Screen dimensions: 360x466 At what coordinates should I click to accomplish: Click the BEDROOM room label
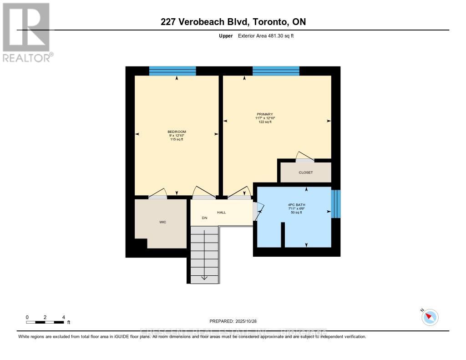click(177, 132)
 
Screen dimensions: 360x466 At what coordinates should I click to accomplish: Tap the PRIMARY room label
click(265, 114)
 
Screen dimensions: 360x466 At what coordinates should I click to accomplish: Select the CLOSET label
click(305, 172)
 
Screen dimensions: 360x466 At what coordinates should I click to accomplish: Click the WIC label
click(162, 222)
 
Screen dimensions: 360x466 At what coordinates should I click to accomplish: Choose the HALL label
click(221, 212)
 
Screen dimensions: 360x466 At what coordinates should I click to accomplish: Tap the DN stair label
click(205, 218)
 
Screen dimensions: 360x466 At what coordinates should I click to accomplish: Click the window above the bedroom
click(172, 71)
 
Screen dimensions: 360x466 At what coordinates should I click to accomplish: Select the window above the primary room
click(276, 71)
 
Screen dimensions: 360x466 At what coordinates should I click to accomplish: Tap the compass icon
click(430, 317)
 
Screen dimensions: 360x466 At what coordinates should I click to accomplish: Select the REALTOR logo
click(27, 32)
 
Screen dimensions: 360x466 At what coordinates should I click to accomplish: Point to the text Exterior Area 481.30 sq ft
click(266, 35)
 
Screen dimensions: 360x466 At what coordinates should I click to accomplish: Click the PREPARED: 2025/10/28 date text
click(233, 320)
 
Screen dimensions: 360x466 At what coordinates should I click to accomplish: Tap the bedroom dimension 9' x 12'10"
click(177, 136)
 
